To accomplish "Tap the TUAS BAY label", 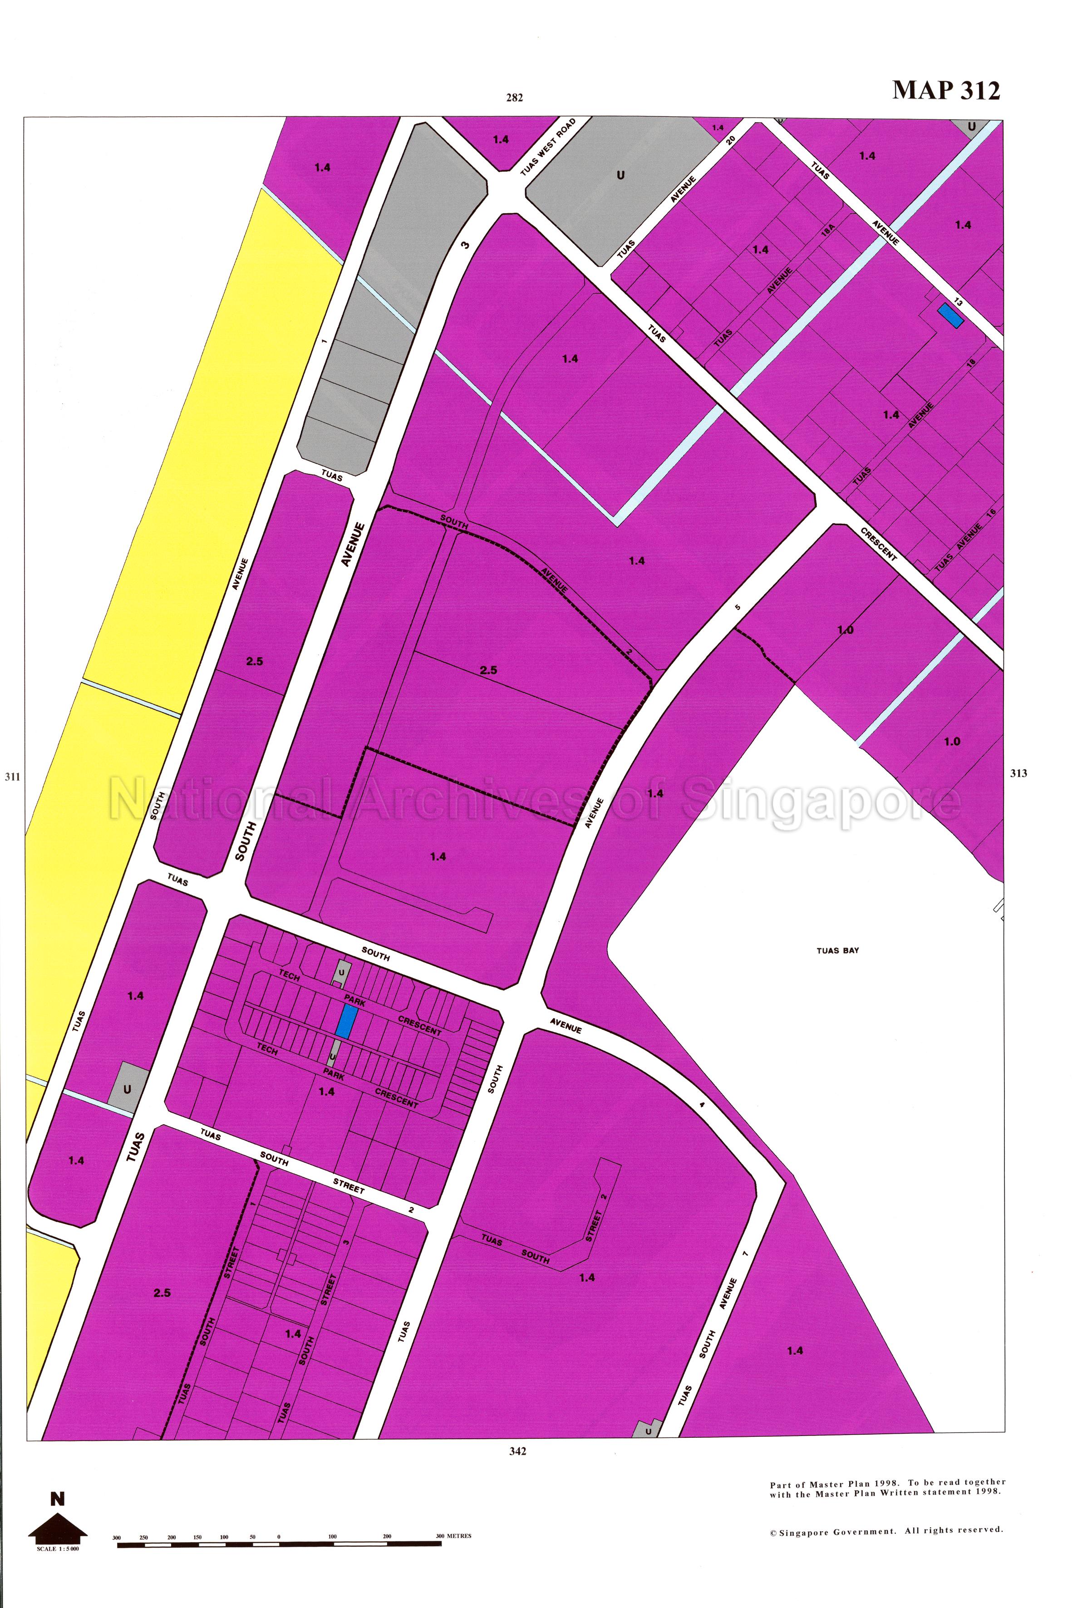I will coord(837,950).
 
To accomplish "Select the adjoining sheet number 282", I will coord(515,98).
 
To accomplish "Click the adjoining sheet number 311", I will coord(12,777).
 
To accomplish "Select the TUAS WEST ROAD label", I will coord(548,147).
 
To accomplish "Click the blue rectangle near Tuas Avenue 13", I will coord(949,315).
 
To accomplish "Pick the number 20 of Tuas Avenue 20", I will coord(730,140).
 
